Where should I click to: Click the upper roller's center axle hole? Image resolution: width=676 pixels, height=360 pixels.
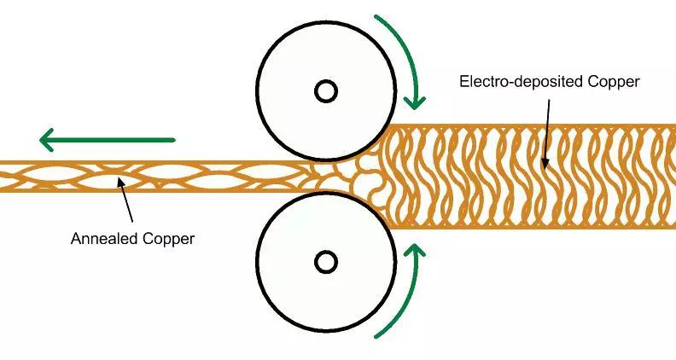pyautogui.click(x=325, y=90)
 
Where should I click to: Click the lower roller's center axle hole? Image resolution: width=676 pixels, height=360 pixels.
pyautogui.click(x=325, y=261)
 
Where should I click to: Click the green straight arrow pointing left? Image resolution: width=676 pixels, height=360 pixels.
pyautogui.click(x=107, y=139)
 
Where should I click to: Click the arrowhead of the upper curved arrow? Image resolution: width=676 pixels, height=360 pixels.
pyautogui.click(x=415, y=100)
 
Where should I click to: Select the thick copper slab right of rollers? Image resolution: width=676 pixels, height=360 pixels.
pyautogui.click(x=529, y=177)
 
